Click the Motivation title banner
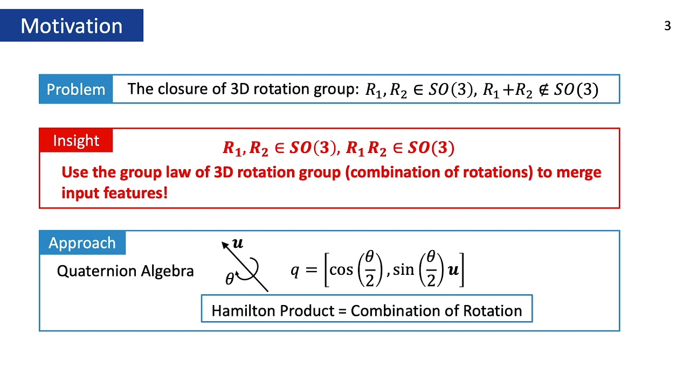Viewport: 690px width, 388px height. point(72,25)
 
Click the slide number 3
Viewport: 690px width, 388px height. point(667,26)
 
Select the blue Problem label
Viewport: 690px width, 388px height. point(76,89)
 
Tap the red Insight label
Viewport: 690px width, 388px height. point(76,141)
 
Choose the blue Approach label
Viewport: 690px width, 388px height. point(82,243)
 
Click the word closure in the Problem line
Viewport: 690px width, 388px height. point(183,89)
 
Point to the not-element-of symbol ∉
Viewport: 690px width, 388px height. point(543,90)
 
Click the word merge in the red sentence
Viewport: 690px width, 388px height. point(577,172)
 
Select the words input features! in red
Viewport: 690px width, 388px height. point(114,193)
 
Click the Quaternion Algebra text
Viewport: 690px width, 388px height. point(125,271)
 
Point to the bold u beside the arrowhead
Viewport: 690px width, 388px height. point(237,243)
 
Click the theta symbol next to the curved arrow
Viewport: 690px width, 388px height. point(230,279)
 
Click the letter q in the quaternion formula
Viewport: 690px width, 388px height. point(295,270)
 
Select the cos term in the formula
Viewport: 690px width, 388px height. point(341,269)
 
